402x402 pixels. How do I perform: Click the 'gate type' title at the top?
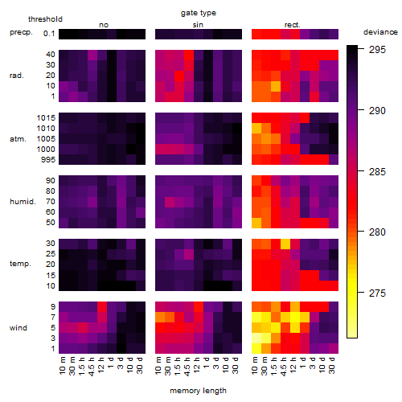(x=199, y=13)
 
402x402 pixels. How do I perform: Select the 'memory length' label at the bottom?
(x=198, y=391)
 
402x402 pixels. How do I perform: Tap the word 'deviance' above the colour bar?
(x=380, y=32)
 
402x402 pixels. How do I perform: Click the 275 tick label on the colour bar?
(x=377, y=293)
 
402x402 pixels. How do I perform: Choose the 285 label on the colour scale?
(x=377, y=171)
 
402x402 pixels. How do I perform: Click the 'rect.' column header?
(x=292, y=25)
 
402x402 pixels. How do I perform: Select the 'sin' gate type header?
(x=198, y=25)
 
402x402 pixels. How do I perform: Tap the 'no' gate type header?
(x=104, y=25)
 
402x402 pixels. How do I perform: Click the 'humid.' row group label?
(x=23, y=202)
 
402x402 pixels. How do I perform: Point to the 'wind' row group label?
(x=18, y=328)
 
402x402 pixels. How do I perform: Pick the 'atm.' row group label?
(x=18, y=139)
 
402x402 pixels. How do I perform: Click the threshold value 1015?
(x=46, y=118)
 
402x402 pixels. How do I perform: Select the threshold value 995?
(x=48, y=160)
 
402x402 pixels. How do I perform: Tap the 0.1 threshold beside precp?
(x=49, y=34)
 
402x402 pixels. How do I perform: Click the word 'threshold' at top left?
(x=45, y=19)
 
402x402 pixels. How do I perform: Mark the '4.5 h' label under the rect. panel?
(x=284, y=366)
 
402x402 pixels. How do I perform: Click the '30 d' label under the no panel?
(x=140, y=365)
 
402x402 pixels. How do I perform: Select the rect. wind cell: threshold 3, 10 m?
(x=256, y=338)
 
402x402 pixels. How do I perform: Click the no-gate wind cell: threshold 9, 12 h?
(x=102, y=307)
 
